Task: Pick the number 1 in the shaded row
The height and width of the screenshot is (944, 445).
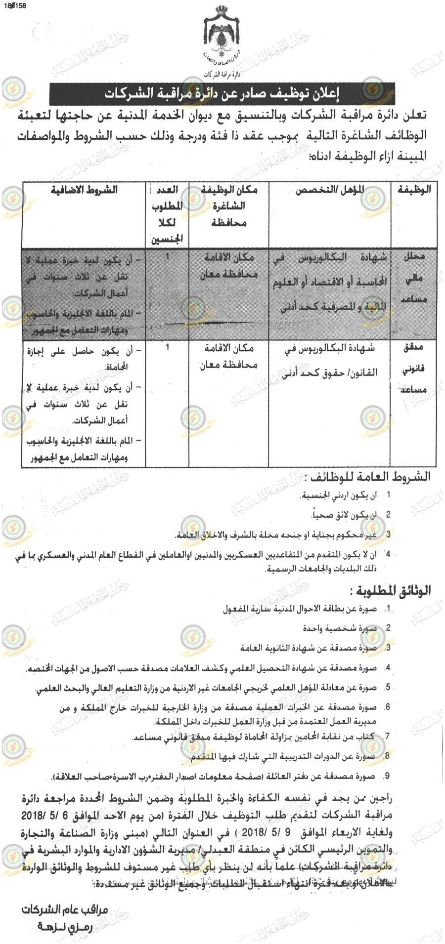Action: tap(168, 257)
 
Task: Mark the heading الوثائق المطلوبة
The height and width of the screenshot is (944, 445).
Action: tap(390, 590)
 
